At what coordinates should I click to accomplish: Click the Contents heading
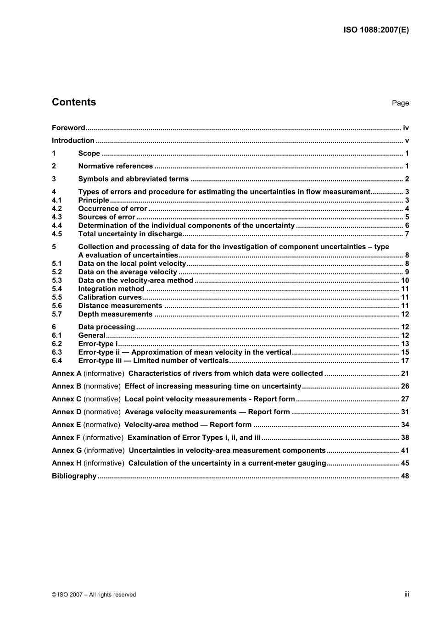(74, 102)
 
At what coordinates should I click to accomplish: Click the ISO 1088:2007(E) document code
(376, 30)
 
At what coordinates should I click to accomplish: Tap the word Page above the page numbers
(400, 103)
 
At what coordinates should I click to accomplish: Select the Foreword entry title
(68, 128)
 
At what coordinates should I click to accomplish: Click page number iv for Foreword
(406, 128)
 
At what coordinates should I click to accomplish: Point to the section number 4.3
(57, 217)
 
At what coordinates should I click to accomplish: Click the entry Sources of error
(106, 217)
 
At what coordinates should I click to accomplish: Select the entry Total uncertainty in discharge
(130, 234)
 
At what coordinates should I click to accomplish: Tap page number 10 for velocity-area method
(405, 280)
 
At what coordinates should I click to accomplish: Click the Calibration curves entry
(110, 297)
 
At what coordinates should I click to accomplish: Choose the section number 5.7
(57, 314)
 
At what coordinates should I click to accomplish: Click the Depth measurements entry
(115, 314)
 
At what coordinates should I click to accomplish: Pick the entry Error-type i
(98, 344)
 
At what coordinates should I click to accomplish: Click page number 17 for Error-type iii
(405, 361)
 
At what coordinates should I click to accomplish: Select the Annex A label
(67, 373)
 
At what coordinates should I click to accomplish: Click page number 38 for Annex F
(405, 438)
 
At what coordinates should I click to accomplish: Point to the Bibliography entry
(74, 476)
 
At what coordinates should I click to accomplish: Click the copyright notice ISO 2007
(94, 595)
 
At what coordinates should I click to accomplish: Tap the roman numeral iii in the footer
(407, 594)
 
